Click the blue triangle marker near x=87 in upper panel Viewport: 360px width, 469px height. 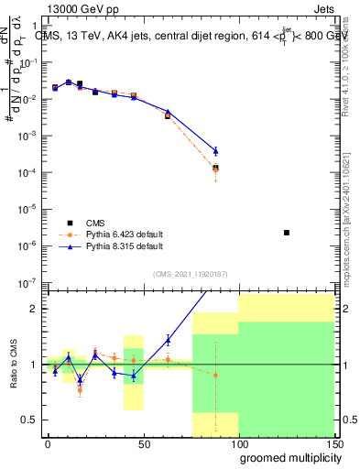[x=215, y=151]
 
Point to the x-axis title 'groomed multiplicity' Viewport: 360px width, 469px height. [x=287, y=456]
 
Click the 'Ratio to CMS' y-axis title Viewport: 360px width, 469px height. [x=15, y=364]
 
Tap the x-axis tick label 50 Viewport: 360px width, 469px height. [x=143, y=442]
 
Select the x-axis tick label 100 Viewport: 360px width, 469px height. [x=239, y=442]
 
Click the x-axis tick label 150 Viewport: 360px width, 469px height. [x=333, y=442]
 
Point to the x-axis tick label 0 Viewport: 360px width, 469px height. [x=48, y=442]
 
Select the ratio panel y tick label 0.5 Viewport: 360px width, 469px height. [x=30, y=420]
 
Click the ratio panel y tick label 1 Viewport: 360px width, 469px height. [x=34, y=365]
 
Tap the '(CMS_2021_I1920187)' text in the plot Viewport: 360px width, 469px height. [x=191, y=274]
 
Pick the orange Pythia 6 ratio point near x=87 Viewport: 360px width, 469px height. [x=215, y=375]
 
